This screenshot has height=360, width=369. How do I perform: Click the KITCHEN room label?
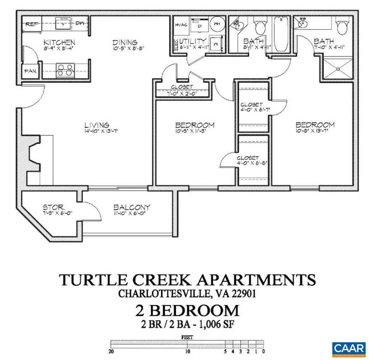(60, 42)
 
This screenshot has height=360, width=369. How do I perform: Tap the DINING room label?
(125, 42)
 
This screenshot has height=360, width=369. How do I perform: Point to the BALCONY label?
(132, 208)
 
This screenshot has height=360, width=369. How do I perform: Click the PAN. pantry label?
(30, 71)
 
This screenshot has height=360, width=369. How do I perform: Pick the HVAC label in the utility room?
(181, 25)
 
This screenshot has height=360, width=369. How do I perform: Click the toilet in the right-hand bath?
(342, 26)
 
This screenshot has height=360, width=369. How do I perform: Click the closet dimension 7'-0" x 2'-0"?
(183, 93)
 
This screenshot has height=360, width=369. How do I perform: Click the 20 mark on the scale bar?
(112, 352)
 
